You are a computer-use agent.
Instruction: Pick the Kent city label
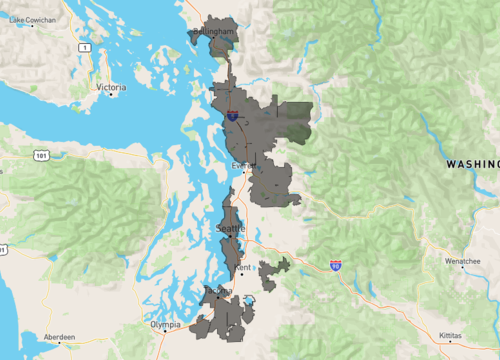[x=244, y=269]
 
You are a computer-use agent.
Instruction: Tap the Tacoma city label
[x=217, y=291]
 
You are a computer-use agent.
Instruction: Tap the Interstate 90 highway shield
[x=335, y=265]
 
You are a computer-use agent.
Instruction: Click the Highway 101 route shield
[x=40, y=155]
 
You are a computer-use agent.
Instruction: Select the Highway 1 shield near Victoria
[x=86, y=47]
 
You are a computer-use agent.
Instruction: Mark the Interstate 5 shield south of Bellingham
[x=231, y=115]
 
